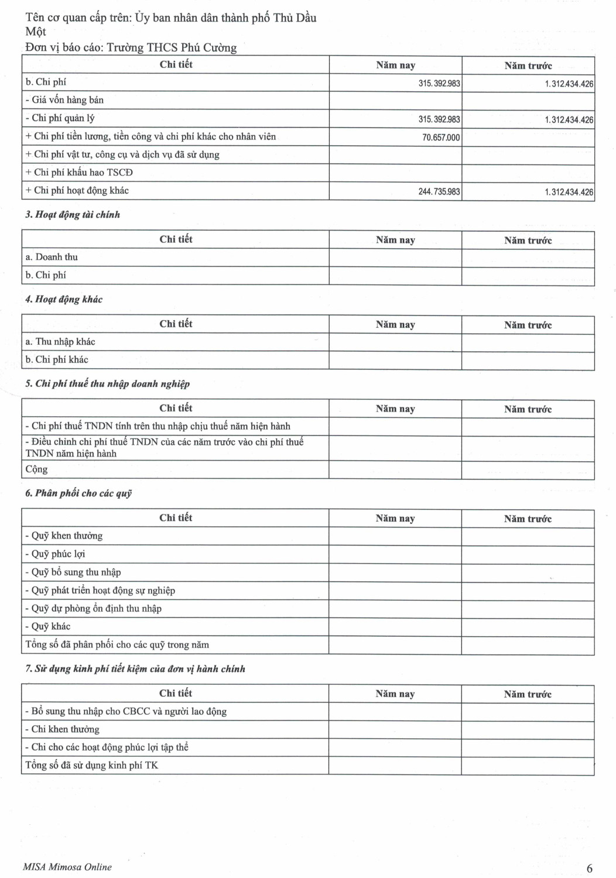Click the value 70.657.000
(441, 138)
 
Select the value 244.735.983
(439, 191)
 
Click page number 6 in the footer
(590, 868)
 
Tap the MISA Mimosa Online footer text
(67, 867)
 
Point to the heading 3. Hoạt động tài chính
(73, 215)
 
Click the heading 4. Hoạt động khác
(64, 300)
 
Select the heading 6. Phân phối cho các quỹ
(78, 493)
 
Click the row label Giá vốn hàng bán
(67, 100)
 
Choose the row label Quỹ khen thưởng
(67, 536)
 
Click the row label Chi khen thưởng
(65, 729)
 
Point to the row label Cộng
(36, 469)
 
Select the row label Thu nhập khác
(65, 342)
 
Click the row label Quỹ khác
(51, 626)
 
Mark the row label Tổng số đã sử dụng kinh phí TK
(91, 766)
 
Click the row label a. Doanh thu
(52, 257)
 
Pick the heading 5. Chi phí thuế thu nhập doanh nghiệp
(108, 384)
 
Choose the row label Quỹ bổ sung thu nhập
(76, 572)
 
